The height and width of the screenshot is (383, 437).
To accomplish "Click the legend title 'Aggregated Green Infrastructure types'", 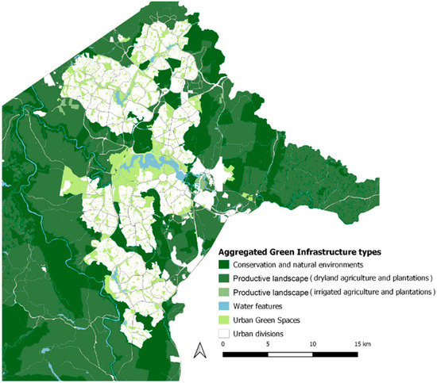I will [300, 251].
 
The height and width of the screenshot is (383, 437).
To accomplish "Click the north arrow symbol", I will [200, 350].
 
